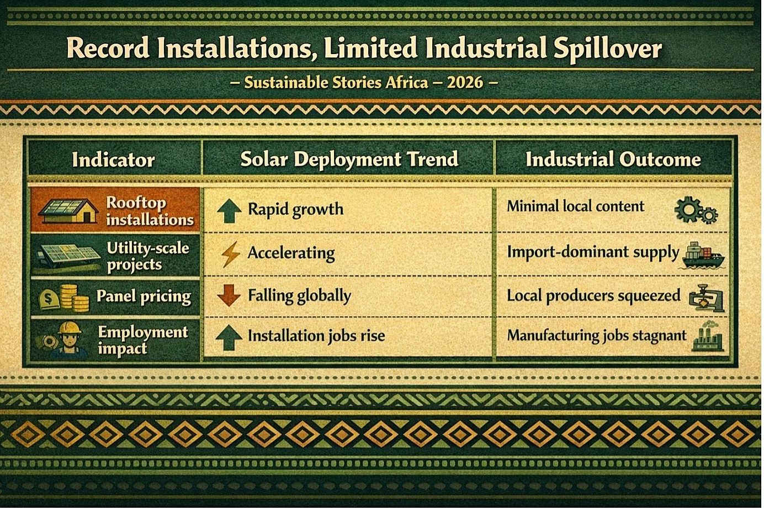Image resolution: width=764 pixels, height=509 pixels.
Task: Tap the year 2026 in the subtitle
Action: tap(465, 83)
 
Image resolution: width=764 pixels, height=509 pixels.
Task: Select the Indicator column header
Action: tap(114, 160)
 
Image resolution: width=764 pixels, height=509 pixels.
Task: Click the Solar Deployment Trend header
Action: tap(349, 160)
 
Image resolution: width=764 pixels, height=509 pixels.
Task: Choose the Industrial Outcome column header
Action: tap(613, 160)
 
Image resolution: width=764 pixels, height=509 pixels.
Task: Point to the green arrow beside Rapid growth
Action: tap(229, 211)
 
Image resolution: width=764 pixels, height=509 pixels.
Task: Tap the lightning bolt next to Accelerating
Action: tap(230, 254)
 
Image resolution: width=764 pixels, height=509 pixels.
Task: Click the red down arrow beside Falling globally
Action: tap(229, 295)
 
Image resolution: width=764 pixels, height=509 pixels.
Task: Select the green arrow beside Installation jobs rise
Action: tap(229, 337)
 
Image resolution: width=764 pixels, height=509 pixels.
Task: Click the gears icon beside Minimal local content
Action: tap(696, 210)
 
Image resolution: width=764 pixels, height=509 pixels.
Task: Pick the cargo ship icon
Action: tap(703, 256)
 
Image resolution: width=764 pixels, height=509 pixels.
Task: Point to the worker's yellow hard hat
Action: tap(70, 328)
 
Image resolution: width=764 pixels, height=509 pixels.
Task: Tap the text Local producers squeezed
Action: tap(593, 296)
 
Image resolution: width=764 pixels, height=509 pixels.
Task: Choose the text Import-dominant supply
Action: tap(593, 253)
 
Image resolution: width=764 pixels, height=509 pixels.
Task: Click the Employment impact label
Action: tap(143, 340)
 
